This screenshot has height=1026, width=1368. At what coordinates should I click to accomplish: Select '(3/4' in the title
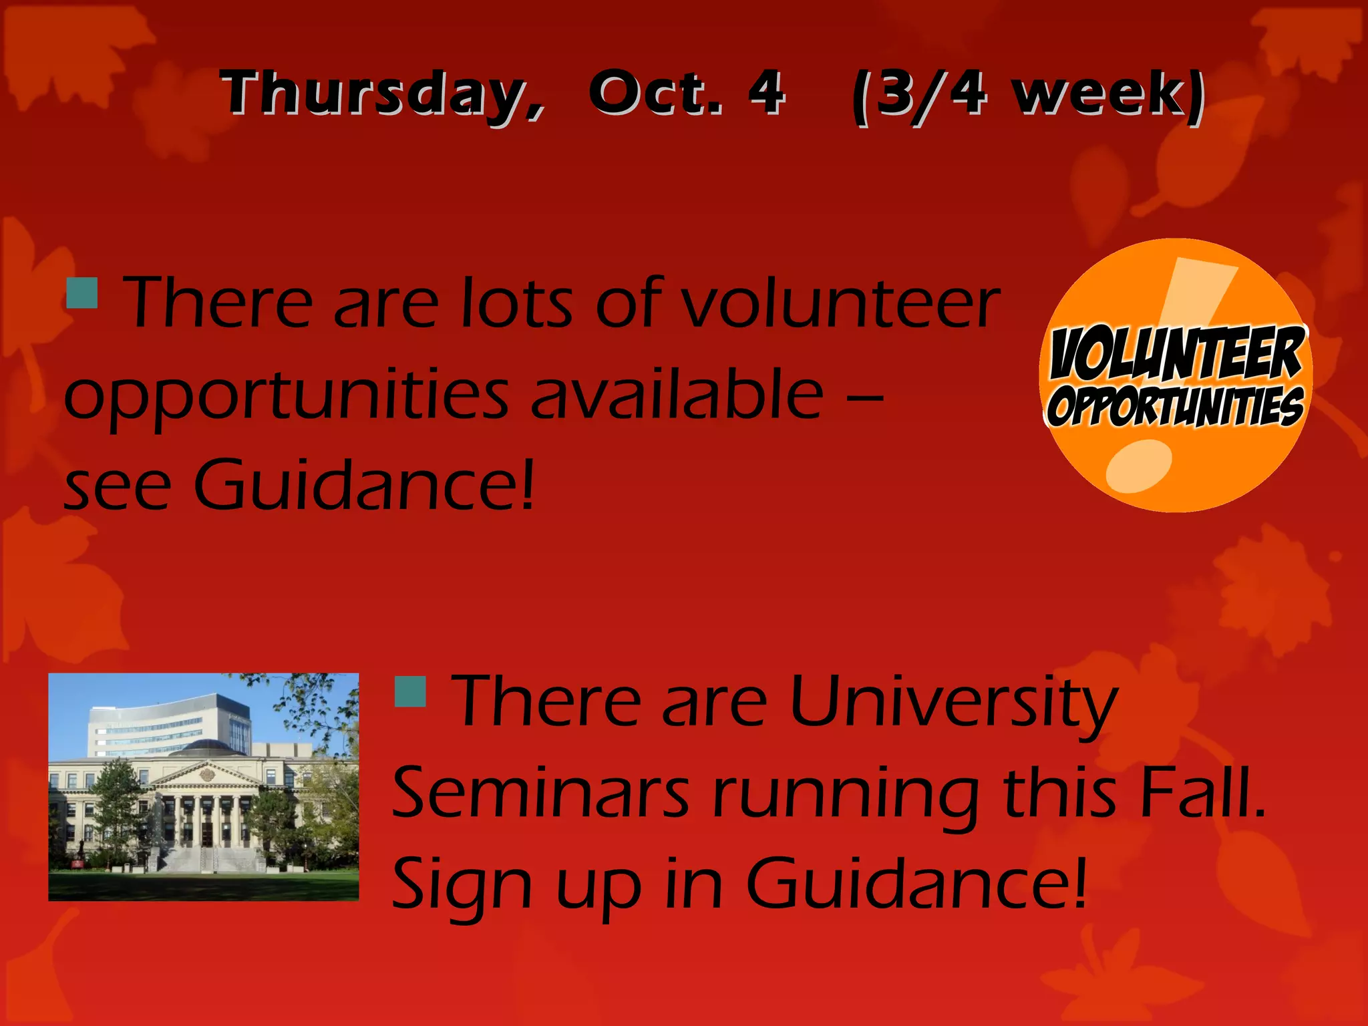coord(919,95)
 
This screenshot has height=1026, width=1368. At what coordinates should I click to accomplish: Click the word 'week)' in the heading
coord(1109,95)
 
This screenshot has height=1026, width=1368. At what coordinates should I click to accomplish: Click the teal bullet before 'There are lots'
coord(82,293)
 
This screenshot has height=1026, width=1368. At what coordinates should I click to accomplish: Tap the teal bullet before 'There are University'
coord(410,691)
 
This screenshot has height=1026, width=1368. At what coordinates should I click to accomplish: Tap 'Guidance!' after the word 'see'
coord(364,484)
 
